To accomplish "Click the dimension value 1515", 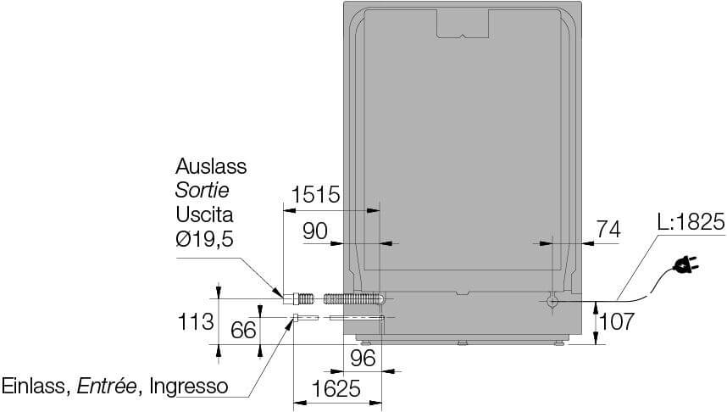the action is (x=315, y=195).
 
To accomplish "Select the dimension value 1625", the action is (x=336, y=388).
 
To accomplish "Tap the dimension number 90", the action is (x=315, y=231).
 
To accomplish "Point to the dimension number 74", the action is (x=608, y=229).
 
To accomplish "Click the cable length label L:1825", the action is (x=691, y=222).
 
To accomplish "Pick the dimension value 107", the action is (x=617, y=321).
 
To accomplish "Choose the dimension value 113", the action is (x=196, y=321).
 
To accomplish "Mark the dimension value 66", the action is (x=243, y=330).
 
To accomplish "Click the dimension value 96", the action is (x=363, y=358).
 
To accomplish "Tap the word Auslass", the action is (x=211, y=166).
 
